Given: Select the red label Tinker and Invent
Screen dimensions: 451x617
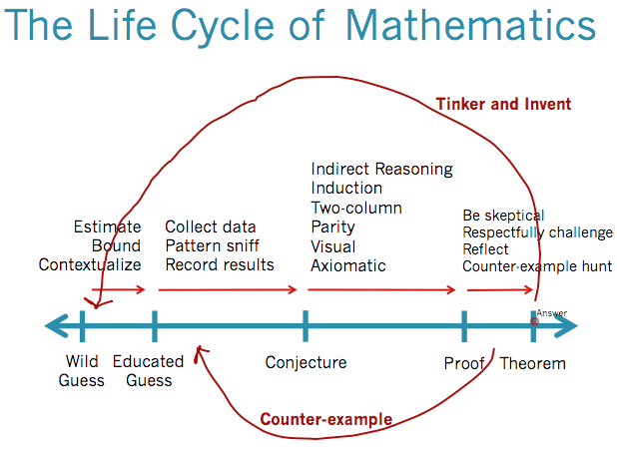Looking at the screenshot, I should tap(503, 104).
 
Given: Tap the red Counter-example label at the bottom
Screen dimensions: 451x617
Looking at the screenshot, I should tap(325, 419).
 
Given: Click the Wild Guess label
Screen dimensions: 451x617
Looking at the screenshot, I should tap(82, 371).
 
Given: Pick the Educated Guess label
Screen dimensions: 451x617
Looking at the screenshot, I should tap(149, 371).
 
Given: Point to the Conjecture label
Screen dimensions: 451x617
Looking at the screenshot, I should tap(306, 362).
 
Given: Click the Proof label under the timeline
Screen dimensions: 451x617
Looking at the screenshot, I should tap(463, 363).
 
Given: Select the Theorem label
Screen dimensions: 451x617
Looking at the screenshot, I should tap(532, 363).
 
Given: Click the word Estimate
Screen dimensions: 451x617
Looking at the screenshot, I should tap(107, 226).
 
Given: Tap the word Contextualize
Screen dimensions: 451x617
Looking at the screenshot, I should tap(90, 264).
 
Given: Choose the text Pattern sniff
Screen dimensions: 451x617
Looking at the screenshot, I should tap(212, 245).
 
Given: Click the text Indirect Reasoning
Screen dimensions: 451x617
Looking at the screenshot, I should tap(381, 170).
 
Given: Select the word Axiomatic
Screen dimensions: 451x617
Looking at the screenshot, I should tap(347, 265).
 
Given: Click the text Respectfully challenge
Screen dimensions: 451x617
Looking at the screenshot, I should tap(537, 232).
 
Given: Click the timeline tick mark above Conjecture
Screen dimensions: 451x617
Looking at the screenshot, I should tap(306, 325).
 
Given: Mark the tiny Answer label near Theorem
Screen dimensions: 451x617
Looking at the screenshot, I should tap(551, 313).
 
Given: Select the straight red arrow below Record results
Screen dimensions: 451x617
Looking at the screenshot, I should tap(228, 290).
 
